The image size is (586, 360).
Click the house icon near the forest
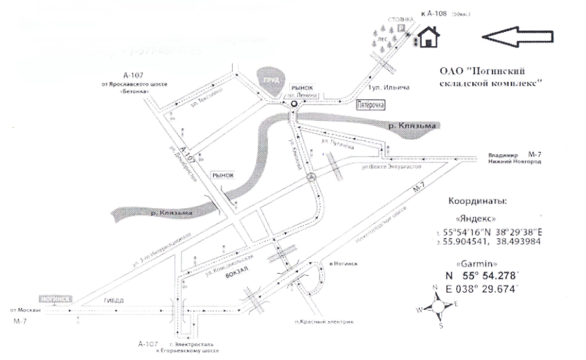coord(427,37)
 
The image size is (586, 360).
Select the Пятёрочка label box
coord(371,104)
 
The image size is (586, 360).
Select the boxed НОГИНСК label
coord(55,299)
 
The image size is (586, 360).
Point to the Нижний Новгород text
coord(514,162)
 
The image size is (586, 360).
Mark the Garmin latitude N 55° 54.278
coord(481,276)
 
